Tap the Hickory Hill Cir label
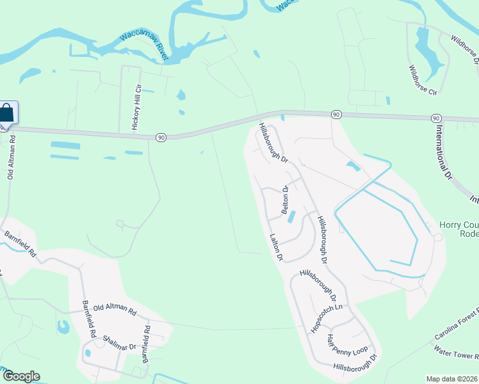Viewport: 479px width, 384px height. pyautogui.click(x=135, y=106)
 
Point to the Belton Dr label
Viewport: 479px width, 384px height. pyautogui.click(x=285, y=200)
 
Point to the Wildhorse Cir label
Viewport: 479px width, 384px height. pyautogui.click(x=423, y=79)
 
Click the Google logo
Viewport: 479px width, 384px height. pyautogui.click(x=20, y=376)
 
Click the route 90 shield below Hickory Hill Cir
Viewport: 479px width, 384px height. pyautogui.click(x=161, y=137)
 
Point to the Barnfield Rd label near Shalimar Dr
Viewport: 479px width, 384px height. pyautogui.click(x=146, y=345)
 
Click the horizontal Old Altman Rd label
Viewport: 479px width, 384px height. pyautogui.click(x=115, y=312)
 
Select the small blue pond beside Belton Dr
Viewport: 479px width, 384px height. pyautogui.click(x=292, y=217)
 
